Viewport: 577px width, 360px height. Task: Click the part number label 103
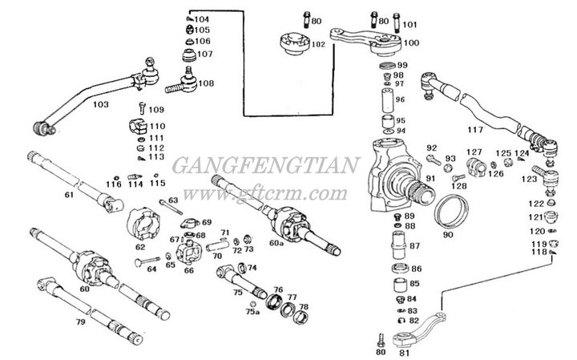[x=100, y=104]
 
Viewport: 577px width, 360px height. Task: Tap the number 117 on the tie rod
[x=475, y=129]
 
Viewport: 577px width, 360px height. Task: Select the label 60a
[x=276, y=242]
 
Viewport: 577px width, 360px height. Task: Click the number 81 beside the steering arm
[x=404, y=351]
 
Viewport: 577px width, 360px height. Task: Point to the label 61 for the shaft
[x=70, y=196]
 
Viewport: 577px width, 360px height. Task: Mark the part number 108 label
[x=206, y=83]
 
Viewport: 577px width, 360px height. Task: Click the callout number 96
[x=401, y=99]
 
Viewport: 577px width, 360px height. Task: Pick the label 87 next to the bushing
[x=415, y=245]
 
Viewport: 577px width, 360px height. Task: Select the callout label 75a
[x=252, y=312]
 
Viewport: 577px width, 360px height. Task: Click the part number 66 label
[x=189, y=270]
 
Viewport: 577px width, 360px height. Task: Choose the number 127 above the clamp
[x=475, y=152]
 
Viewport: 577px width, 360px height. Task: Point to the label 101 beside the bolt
[x=410, y=24]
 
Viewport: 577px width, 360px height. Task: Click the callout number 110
[x=156, y=126]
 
